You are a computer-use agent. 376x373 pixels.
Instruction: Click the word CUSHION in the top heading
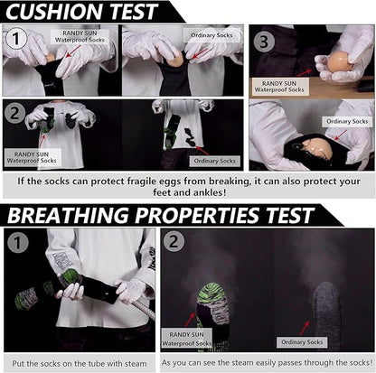pos(51,12)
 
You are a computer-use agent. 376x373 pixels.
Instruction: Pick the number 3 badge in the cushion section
pos(262,41)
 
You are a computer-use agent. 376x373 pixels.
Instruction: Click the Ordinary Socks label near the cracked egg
pos(348,120)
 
